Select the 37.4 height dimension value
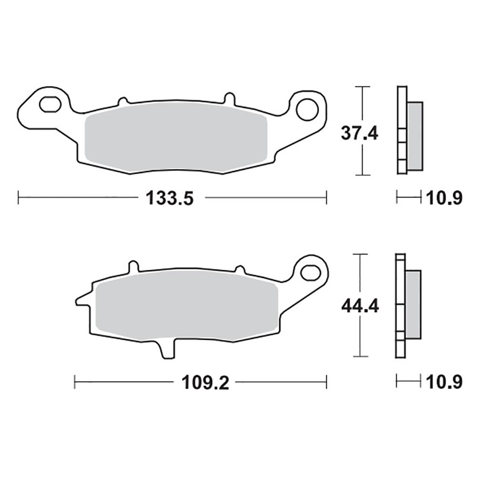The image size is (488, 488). [360, 134]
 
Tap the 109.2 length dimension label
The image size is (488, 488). [205, 382]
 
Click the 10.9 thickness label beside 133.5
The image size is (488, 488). [443, 197]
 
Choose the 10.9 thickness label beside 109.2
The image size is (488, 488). [443, 382]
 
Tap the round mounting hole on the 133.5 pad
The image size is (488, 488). [307, 109]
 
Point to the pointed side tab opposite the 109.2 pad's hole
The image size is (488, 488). [82, 300]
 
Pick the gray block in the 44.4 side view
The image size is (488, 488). [413, 304]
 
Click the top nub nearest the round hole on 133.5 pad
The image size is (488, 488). [229, 99]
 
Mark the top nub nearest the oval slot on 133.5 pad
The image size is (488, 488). [122, 101]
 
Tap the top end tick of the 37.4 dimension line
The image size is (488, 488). [363, 87]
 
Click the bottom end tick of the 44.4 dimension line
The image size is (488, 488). [360, 356]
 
